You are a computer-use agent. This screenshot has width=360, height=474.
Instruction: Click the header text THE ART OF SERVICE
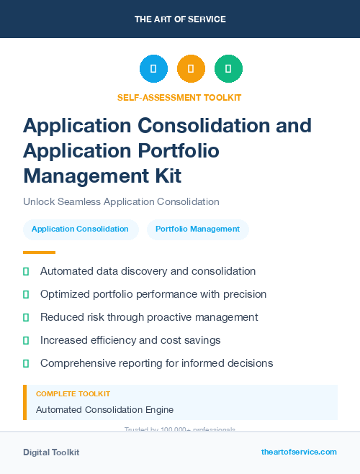pyautogui.click(x=180, y=19)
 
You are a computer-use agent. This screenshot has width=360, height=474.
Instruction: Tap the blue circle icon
pyautogui.click(x=153, y=69)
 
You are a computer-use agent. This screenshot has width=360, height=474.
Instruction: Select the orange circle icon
pyautogui.click(x=191, y=69)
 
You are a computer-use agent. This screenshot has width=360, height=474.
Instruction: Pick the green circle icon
pyautogui.click(x=228, y=69)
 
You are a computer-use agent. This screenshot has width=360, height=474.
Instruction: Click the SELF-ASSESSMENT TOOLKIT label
pyautogui.click(x=179, y=97)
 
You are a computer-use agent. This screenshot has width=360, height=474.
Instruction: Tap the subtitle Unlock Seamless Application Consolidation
pyautogui.click(x=121, y=201)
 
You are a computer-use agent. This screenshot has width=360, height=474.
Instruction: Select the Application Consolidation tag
pyautogui.click(x=80, y=229)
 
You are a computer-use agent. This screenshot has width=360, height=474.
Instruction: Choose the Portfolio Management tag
pyautogui.click(x=197, y=229)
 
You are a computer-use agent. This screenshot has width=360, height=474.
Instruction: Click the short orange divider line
pyautogui.click(x=39, y=252)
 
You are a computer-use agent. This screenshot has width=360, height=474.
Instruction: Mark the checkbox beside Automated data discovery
pyautogui.click(x=26, y=272)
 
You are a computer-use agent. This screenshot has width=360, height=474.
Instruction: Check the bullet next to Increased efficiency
pyautogui.click(x=26, y=340)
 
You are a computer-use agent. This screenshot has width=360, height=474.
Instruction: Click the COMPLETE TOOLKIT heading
pyautogui.click(x=73, y=394)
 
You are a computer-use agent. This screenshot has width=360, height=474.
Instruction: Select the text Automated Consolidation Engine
pyautogui.click(x=104, y=410)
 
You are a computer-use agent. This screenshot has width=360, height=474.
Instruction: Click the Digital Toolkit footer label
pyautogui.click(x=51, y=452)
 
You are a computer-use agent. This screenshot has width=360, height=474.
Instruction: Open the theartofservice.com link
pyautogui.click(x=299, y=452)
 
